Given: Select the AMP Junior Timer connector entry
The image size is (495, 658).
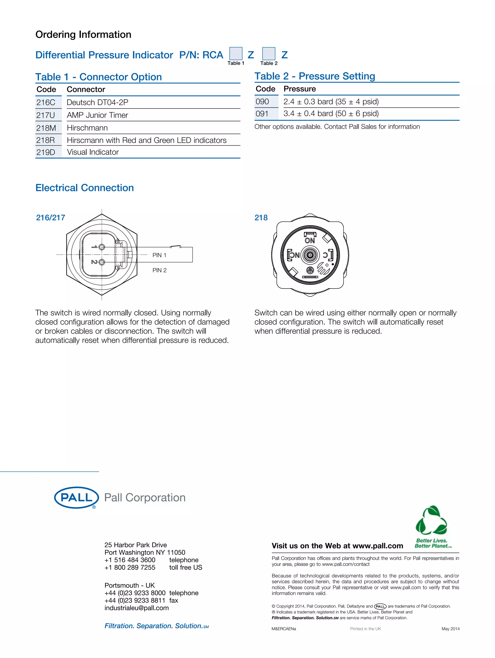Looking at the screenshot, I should tap(97, 115).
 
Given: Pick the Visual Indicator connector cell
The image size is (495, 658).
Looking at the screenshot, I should tap(93, 152).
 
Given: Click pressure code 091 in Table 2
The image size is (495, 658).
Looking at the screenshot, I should tap(262, 114).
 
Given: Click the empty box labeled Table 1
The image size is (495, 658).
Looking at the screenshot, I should tap(236, 53).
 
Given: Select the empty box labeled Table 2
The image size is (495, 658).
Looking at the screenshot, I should tap(269, 53).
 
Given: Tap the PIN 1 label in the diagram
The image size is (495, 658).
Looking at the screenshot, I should tap(159, 255).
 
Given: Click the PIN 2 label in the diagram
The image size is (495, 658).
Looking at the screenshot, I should tap(159, 270).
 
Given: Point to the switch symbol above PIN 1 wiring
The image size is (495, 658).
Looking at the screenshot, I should tap(176, 246).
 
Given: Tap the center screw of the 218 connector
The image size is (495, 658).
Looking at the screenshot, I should tap(310, 255).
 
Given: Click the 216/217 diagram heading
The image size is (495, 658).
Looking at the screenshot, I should tap(51, 218).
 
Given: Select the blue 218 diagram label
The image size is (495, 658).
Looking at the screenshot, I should tap(261, 218).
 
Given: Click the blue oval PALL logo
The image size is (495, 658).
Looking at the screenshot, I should tap(76, 497).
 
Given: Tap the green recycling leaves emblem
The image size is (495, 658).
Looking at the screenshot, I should tap(431, 521).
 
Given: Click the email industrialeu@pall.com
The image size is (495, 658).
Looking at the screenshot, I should tap(137, 608).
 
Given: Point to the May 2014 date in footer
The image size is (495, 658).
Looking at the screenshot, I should tap(450, 629).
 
